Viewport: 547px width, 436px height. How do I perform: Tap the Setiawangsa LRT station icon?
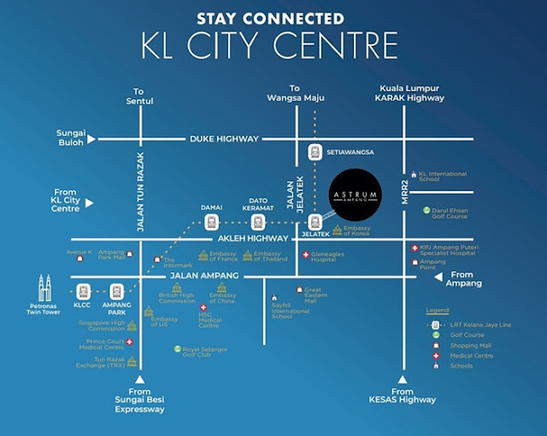pos(313,152)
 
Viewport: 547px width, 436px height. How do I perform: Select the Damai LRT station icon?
pos(210,222)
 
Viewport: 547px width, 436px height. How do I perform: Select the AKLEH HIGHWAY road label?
pos(232,239)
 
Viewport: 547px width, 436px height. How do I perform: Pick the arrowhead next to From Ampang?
pos(439,276)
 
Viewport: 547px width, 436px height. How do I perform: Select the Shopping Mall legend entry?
pos(462,346)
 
